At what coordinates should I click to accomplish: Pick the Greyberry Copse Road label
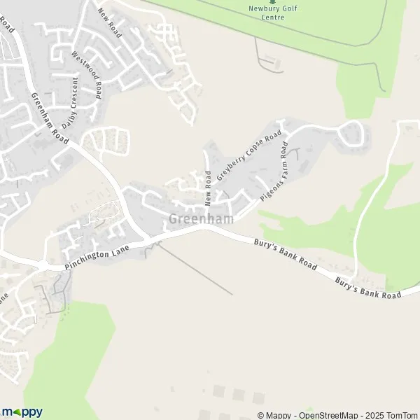pos(248,155)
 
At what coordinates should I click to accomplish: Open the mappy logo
pos(22,412)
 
